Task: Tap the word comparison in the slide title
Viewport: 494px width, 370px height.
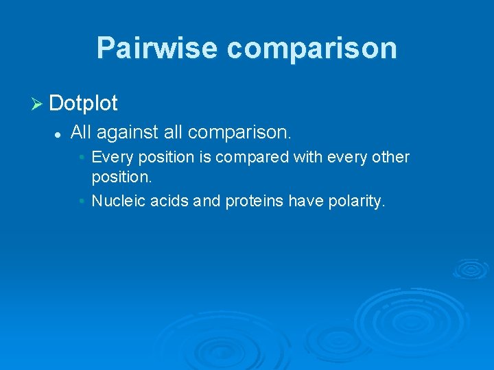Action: (x=311, y=48)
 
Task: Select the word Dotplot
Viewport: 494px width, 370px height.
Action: (x=84, y=103)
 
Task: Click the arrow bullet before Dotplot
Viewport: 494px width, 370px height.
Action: (x=38, y=104)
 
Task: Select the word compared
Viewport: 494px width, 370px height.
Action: (x=252, y=158)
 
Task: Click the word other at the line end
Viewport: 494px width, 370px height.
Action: (x=390, y=158)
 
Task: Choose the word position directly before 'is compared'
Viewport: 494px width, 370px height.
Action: (x=164, y=158)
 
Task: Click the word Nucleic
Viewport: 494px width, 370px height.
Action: (x=115, y=201)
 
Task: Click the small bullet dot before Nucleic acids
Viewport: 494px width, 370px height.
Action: (x=82, y=201)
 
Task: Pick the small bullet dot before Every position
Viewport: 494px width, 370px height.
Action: (x=82, y=158)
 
